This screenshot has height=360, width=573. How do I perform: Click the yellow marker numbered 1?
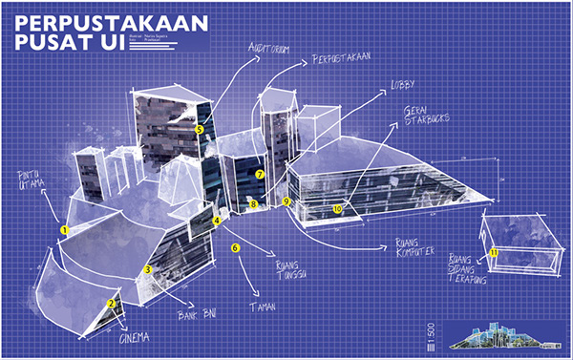click(x=64, y=230)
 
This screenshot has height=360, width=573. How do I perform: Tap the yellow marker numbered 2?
click(x=111, y=304)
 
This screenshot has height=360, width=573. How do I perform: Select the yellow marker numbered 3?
click(x=148, y=270)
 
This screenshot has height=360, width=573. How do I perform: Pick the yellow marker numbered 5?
click(x=199, y=129)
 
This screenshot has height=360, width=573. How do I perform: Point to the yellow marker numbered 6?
click(x=234, y=248)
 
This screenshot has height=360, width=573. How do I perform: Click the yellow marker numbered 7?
click(x=259, y=175)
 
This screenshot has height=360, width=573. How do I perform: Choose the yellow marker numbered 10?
click(x=337, y=208)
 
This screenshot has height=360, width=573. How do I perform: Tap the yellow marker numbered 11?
click(x=493, y=252)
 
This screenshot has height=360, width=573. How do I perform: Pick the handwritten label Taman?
click(x=263, y=308)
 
